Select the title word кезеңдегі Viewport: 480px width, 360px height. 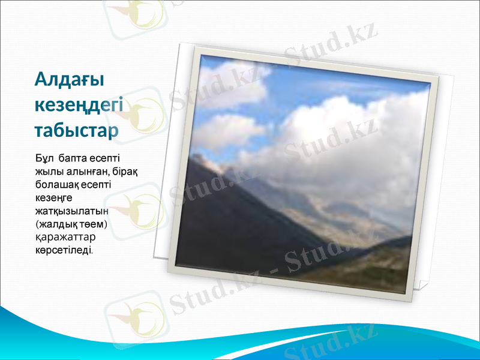point(79,105)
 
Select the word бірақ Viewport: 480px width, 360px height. point(127,173)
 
